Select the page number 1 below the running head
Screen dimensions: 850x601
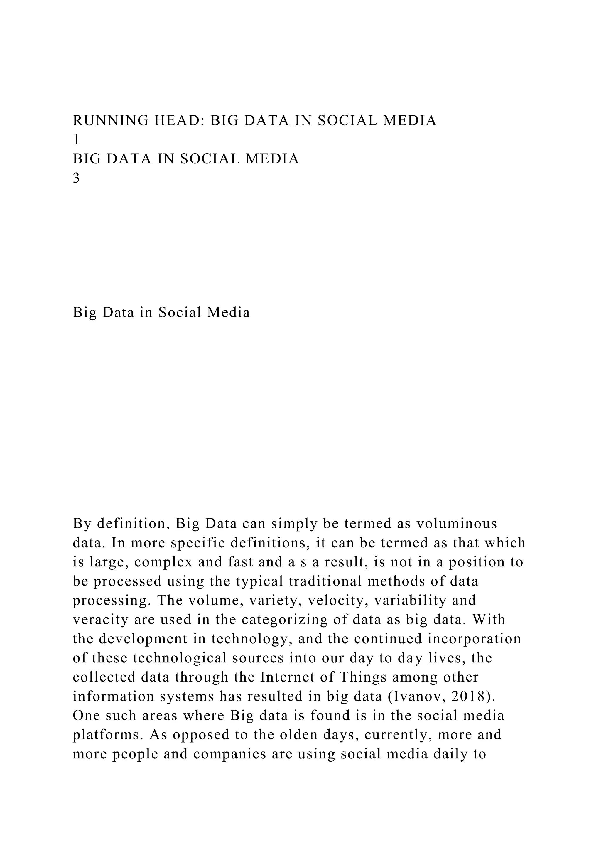pos(76,140)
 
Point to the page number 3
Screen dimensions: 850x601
pos(76,178)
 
